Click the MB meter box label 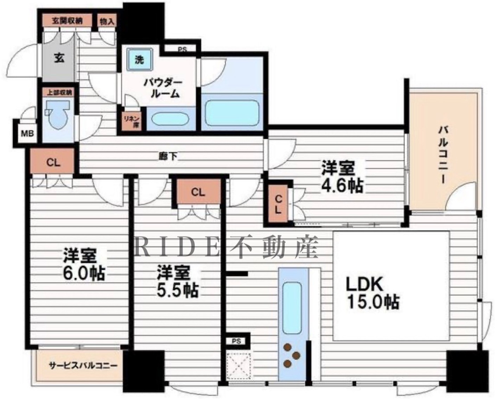tap(27, 133)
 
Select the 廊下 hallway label tap(168, 156)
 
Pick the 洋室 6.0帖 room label tap(84, 264)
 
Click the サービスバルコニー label tap(83, 366)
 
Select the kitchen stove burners tap(291, 355)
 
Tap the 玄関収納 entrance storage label tap(67, 21)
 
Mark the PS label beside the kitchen tap(236, 341)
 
